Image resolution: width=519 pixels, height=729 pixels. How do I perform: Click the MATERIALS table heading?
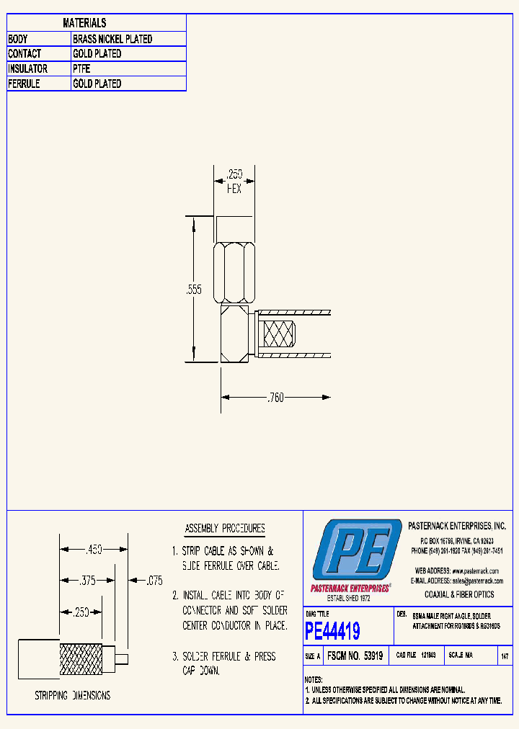tap(84, 23)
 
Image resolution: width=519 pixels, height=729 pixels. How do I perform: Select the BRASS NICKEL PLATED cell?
tap(112, 39)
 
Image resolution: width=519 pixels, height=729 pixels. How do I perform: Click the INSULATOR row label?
tap(28, 68)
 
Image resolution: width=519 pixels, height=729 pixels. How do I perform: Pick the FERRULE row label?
tap(25, 84)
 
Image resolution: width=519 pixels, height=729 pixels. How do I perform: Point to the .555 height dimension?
tap(194, 290)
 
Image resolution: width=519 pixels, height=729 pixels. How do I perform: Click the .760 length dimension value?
tap(275, 397)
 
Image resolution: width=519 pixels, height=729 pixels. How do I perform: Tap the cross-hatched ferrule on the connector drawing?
tap(278, 334)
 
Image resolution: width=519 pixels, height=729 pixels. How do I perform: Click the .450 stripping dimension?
tap(94, 550)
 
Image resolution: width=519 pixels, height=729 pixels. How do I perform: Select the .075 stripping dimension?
tap(154, 580)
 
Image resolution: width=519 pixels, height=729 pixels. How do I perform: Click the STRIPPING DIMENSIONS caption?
tap(73, 696)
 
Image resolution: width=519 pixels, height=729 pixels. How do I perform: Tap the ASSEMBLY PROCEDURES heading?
tap(225, 528)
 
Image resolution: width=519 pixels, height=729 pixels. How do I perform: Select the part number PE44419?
tap(332, 632)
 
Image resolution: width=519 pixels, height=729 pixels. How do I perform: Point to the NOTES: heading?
tap(314, 679)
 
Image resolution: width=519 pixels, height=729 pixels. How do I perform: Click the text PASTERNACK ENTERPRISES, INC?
tap(457, 527)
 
